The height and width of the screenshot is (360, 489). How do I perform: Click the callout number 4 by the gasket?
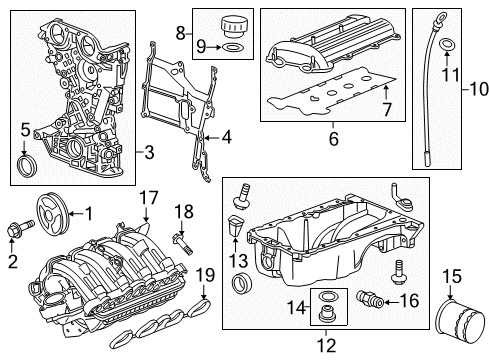coord(226,136)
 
